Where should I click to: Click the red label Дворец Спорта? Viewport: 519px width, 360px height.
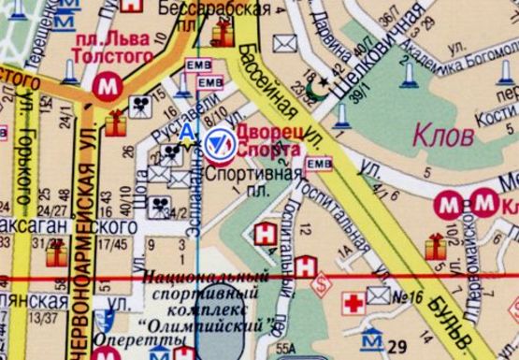pyautogui.click(x=268, y=141)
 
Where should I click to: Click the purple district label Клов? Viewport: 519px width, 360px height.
pyautogui.click(x=440, y=137)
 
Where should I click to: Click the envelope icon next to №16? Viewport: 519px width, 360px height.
pyautogui.click(x=378, y=295)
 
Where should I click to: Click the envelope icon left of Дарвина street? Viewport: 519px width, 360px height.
pyautogui.click(x=282, y=43)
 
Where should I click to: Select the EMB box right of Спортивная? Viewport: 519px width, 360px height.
pyautogui.click(x=320, y=165)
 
